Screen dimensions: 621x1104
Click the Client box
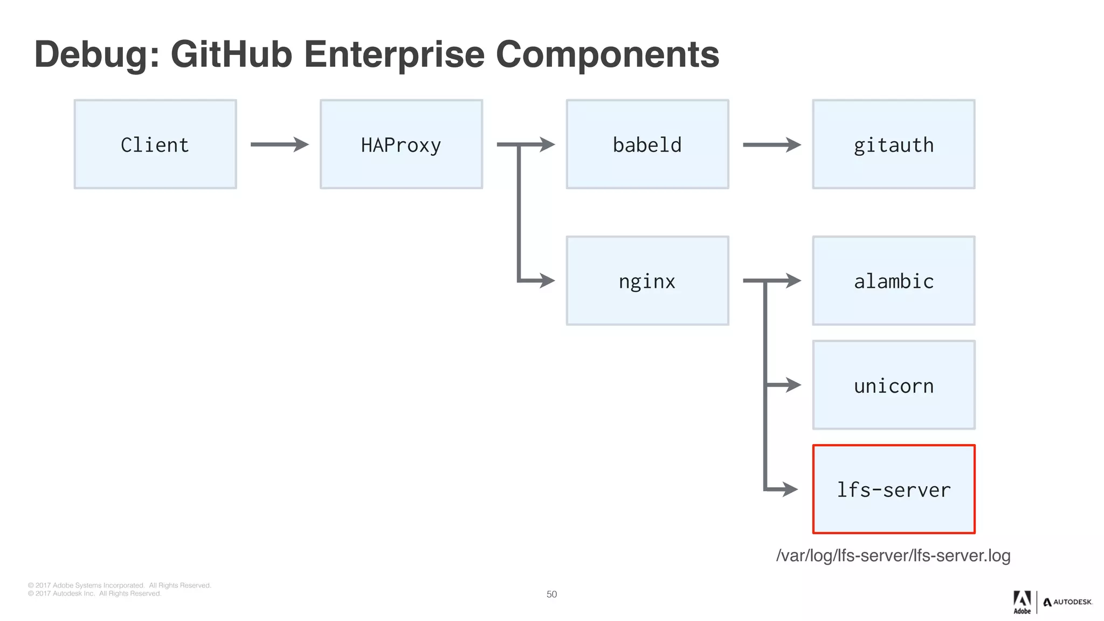tap(155, 144)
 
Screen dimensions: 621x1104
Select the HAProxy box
tap(401, 144)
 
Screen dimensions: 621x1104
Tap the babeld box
tap(647, 144)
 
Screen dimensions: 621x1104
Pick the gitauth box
tap(893, 144)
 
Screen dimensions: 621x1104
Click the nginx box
tap(647, 281)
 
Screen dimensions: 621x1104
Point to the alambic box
tap(893, 281)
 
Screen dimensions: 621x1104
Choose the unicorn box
tap(893, 385)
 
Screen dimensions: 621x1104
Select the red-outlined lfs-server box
tap(893, 489)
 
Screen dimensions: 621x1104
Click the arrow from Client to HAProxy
tap(279, 144)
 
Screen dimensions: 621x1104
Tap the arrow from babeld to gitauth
tap(771, 144)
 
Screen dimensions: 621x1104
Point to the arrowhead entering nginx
tap(547, 280)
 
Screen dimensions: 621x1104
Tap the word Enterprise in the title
tap(394, 55)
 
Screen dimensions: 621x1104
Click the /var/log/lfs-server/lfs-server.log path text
tap(893, 555)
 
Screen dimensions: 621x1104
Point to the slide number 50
tap(551, 594)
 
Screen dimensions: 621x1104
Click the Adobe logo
tap(1022, 602)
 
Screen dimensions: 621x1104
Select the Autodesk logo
tap(1067, 602)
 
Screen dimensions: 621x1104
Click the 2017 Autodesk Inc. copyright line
tap(94, 594)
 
